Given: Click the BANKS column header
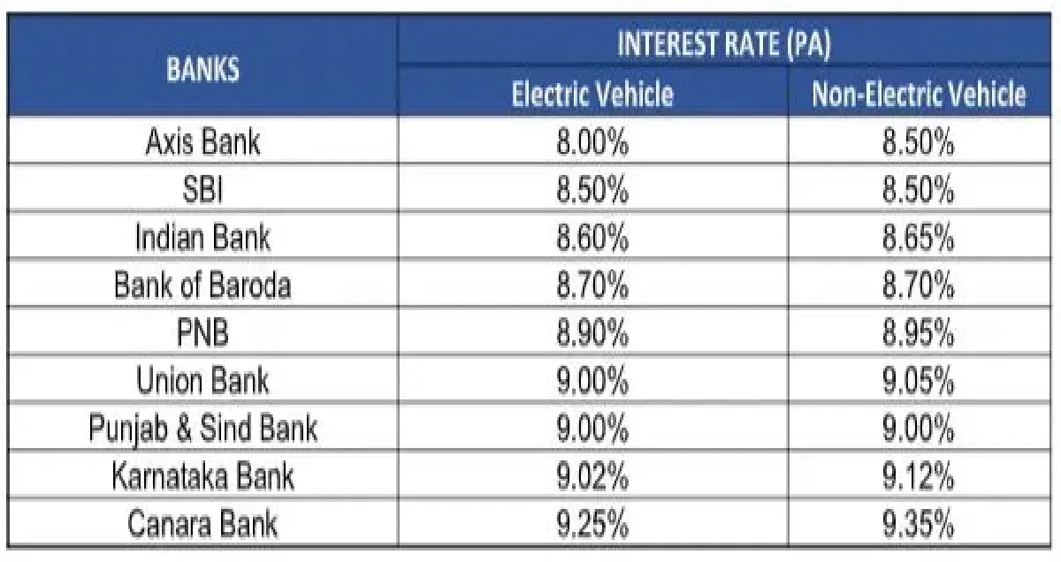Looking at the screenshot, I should point(202,70).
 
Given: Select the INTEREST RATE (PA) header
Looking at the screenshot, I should point(723,45).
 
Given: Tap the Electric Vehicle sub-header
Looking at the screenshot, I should point(592,94).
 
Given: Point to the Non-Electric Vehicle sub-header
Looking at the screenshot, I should point(919,94).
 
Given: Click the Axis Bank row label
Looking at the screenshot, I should point(202,142).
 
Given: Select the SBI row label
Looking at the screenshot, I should point(202,190).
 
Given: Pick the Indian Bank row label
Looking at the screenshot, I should point(202,238).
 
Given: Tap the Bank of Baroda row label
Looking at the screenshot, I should point(202,285).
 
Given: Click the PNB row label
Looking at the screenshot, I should point(202,334).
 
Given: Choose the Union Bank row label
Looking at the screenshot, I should point(202,382).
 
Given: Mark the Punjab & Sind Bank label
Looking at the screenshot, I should point(202,429).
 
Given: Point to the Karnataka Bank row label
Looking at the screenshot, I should point(202,477).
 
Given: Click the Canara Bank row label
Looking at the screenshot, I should point(202,525).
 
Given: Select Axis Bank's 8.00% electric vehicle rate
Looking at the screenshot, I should point(592,142).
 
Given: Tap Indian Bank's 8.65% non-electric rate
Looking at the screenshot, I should point(919,238).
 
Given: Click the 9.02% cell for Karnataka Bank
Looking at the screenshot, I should point(592,477).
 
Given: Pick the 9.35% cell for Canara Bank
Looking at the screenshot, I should point(919,525).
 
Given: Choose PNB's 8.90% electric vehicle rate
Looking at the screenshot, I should point(592,334).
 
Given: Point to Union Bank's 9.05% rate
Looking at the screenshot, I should point(919,382).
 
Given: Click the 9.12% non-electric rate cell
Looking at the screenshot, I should point(919,477).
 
